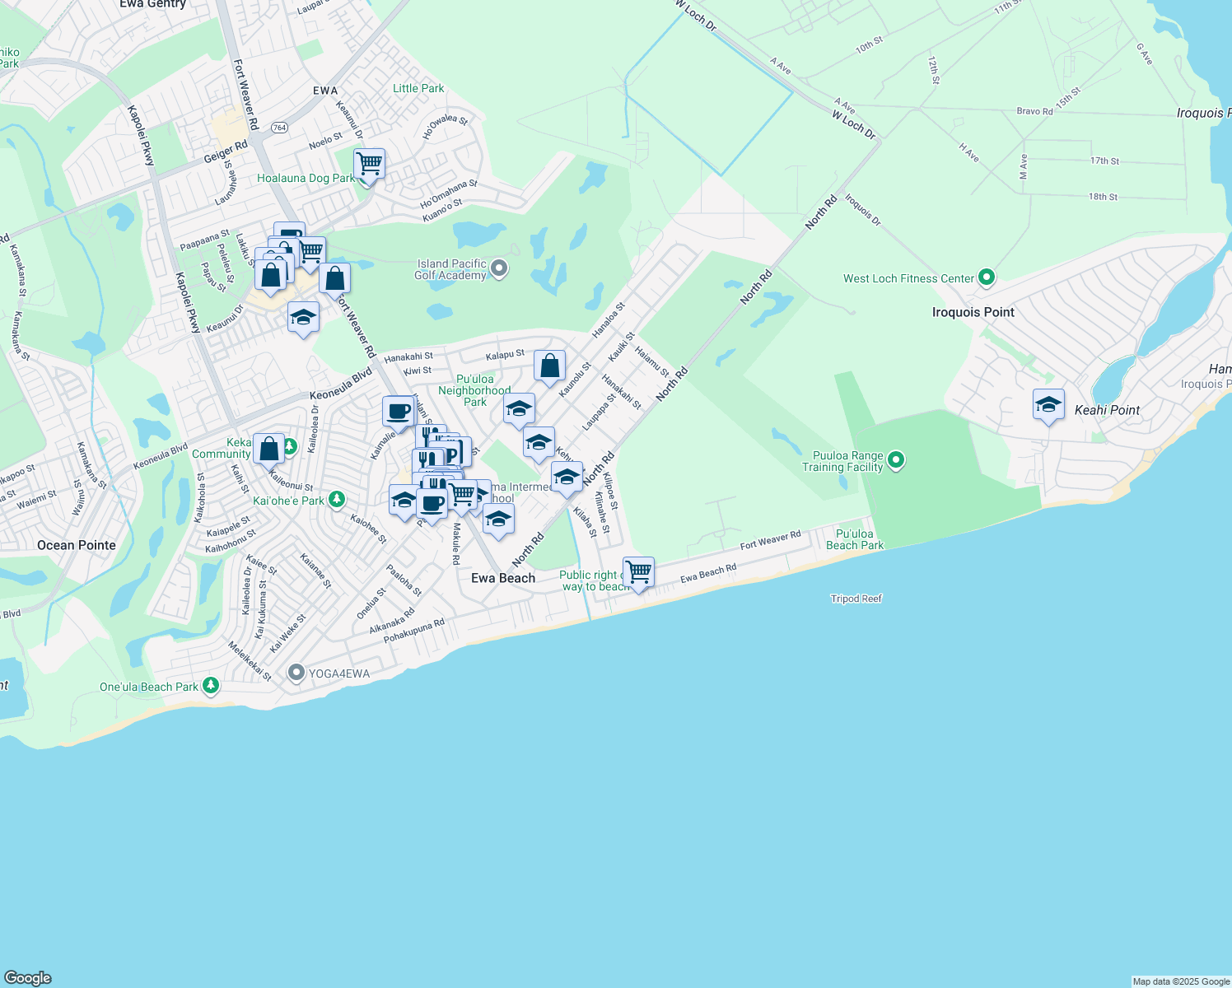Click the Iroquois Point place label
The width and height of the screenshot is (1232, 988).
tap(973, 312)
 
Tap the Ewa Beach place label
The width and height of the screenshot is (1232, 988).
tap(503, 578)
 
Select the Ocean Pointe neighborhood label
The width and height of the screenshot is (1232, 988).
tap(77, 545)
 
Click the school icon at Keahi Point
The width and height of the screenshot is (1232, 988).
tap(1048, 405)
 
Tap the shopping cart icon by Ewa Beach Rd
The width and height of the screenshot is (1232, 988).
tap(639, 571)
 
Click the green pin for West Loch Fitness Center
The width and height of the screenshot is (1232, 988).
tap(987, 278)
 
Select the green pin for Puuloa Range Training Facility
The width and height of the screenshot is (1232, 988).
tap(896, 460)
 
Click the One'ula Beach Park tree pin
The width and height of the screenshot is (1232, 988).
tap(211, 686)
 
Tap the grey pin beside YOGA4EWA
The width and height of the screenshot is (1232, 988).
tap(296, 673)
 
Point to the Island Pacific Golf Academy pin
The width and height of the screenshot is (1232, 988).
tap(499, 268)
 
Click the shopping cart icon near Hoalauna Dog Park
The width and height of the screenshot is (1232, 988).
tap(369, 164)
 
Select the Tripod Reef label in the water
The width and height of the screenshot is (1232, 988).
tap(856, 599)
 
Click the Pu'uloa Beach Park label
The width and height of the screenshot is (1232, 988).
tap(854, 539)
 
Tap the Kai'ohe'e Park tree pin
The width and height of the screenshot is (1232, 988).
tap(336, 500)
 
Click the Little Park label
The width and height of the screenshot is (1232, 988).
tap(418, 88)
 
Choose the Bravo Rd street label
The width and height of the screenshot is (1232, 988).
tap(1034, 111)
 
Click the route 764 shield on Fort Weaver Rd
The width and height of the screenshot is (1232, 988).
tap(280, 127)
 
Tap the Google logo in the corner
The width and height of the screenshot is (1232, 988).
tap(28, 978)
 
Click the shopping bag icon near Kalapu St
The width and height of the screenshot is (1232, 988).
tap(549, 366)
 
